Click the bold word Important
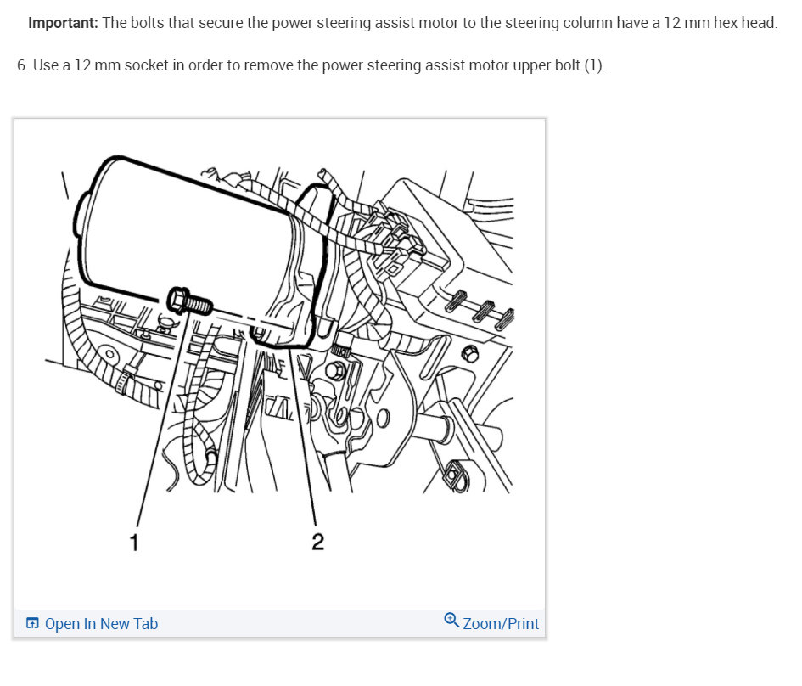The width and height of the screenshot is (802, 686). (63, 23)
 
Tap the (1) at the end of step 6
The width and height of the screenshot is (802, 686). (594, 65)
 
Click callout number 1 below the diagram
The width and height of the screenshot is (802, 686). (134, 541)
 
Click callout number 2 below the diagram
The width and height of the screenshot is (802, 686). (317, 542)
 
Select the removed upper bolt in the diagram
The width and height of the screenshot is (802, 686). (189, 300)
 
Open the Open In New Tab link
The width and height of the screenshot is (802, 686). (101, 624)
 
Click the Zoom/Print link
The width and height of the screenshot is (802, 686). (501, 624)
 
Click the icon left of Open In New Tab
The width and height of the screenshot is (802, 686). (32, 624)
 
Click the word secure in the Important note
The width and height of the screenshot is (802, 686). (218, 23)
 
